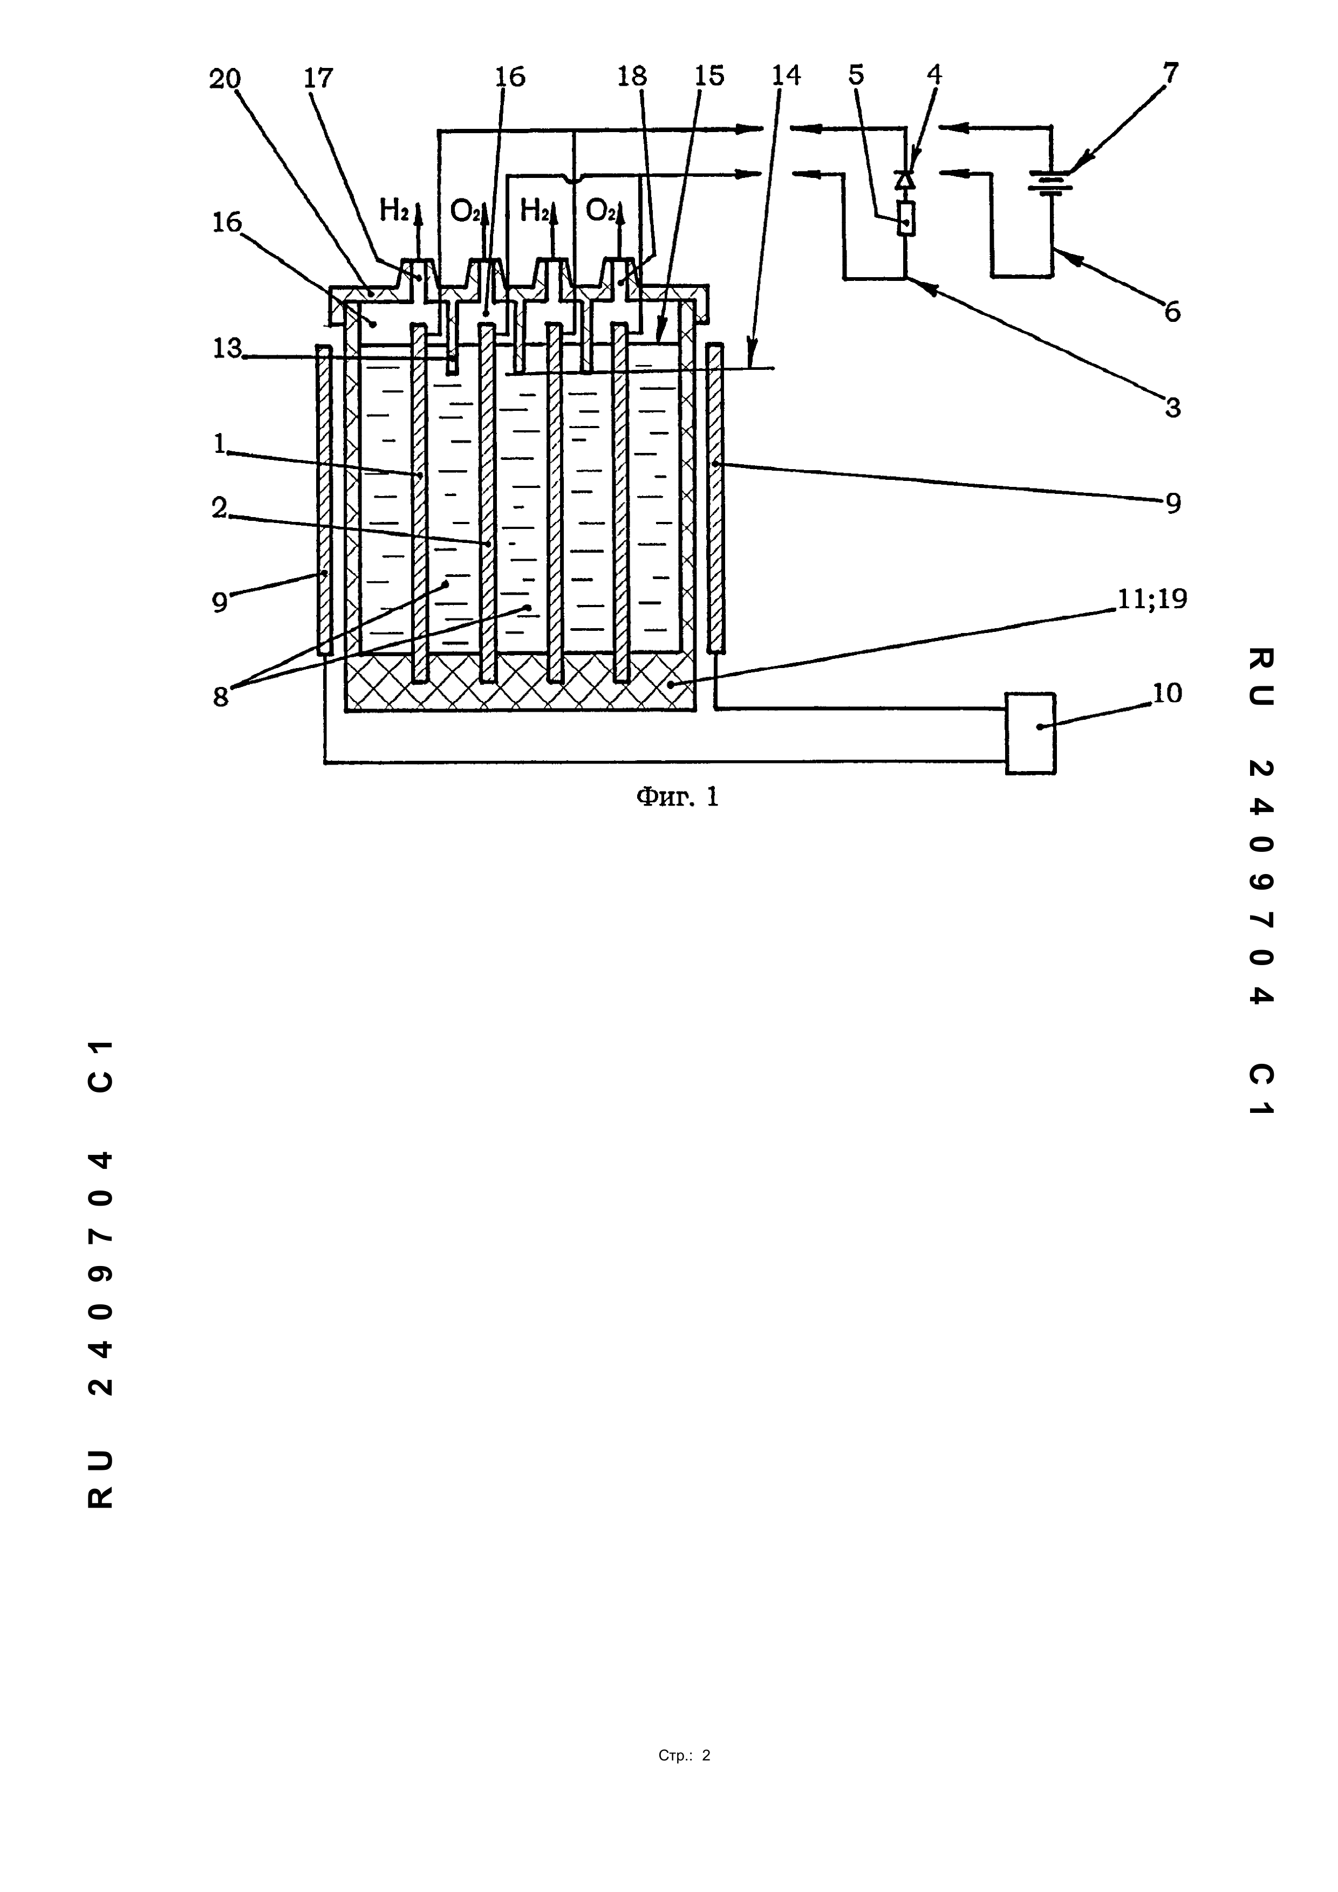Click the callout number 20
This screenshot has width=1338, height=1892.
[x=224, y=79]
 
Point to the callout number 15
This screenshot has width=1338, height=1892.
[x=709, y=76]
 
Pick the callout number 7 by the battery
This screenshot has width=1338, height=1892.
[x=1171, y=73]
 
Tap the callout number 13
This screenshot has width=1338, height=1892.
[x=227, y=348]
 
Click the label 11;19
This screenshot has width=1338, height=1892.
[x=1152, y=599]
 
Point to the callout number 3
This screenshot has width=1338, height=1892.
[x=1172, y=407]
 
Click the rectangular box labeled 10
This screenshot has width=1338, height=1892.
[x=1030, y=733]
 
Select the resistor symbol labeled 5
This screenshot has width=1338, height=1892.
[x=906, y=219]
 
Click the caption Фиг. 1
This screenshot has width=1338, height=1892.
[x=677, y=797]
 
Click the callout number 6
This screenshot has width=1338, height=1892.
[x=1171, y=312]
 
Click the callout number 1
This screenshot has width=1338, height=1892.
[x=219, y=445]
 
